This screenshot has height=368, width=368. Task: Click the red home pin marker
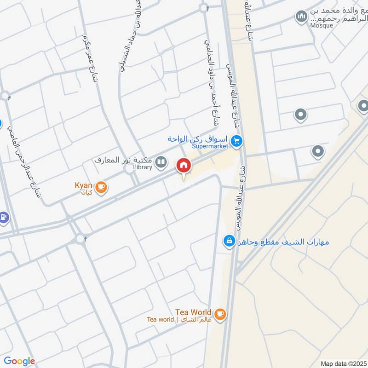click(x=184, y=166)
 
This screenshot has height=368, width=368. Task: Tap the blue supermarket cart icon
click(x=237, y=141)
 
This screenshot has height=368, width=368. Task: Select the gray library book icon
click(x=161, y=161)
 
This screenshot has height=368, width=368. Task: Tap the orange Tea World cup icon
click(x=220, y=314)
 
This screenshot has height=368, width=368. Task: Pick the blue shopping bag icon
click(x=229, y=240)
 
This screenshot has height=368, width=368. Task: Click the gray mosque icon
click(x=302, y=17)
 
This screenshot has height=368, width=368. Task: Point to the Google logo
click(x=19, y=361)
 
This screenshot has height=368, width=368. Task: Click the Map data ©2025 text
click(x=343, y=363)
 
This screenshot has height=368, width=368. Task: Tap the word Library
click(x=142, y=167)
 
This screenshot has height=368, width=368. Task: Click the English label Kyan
click(x=83, y=185)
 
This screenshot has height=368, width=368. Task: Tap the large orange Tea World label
click(x=193, y=312)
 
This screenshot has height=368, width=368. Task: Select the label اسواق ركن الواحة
click(x=199, y=139)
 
